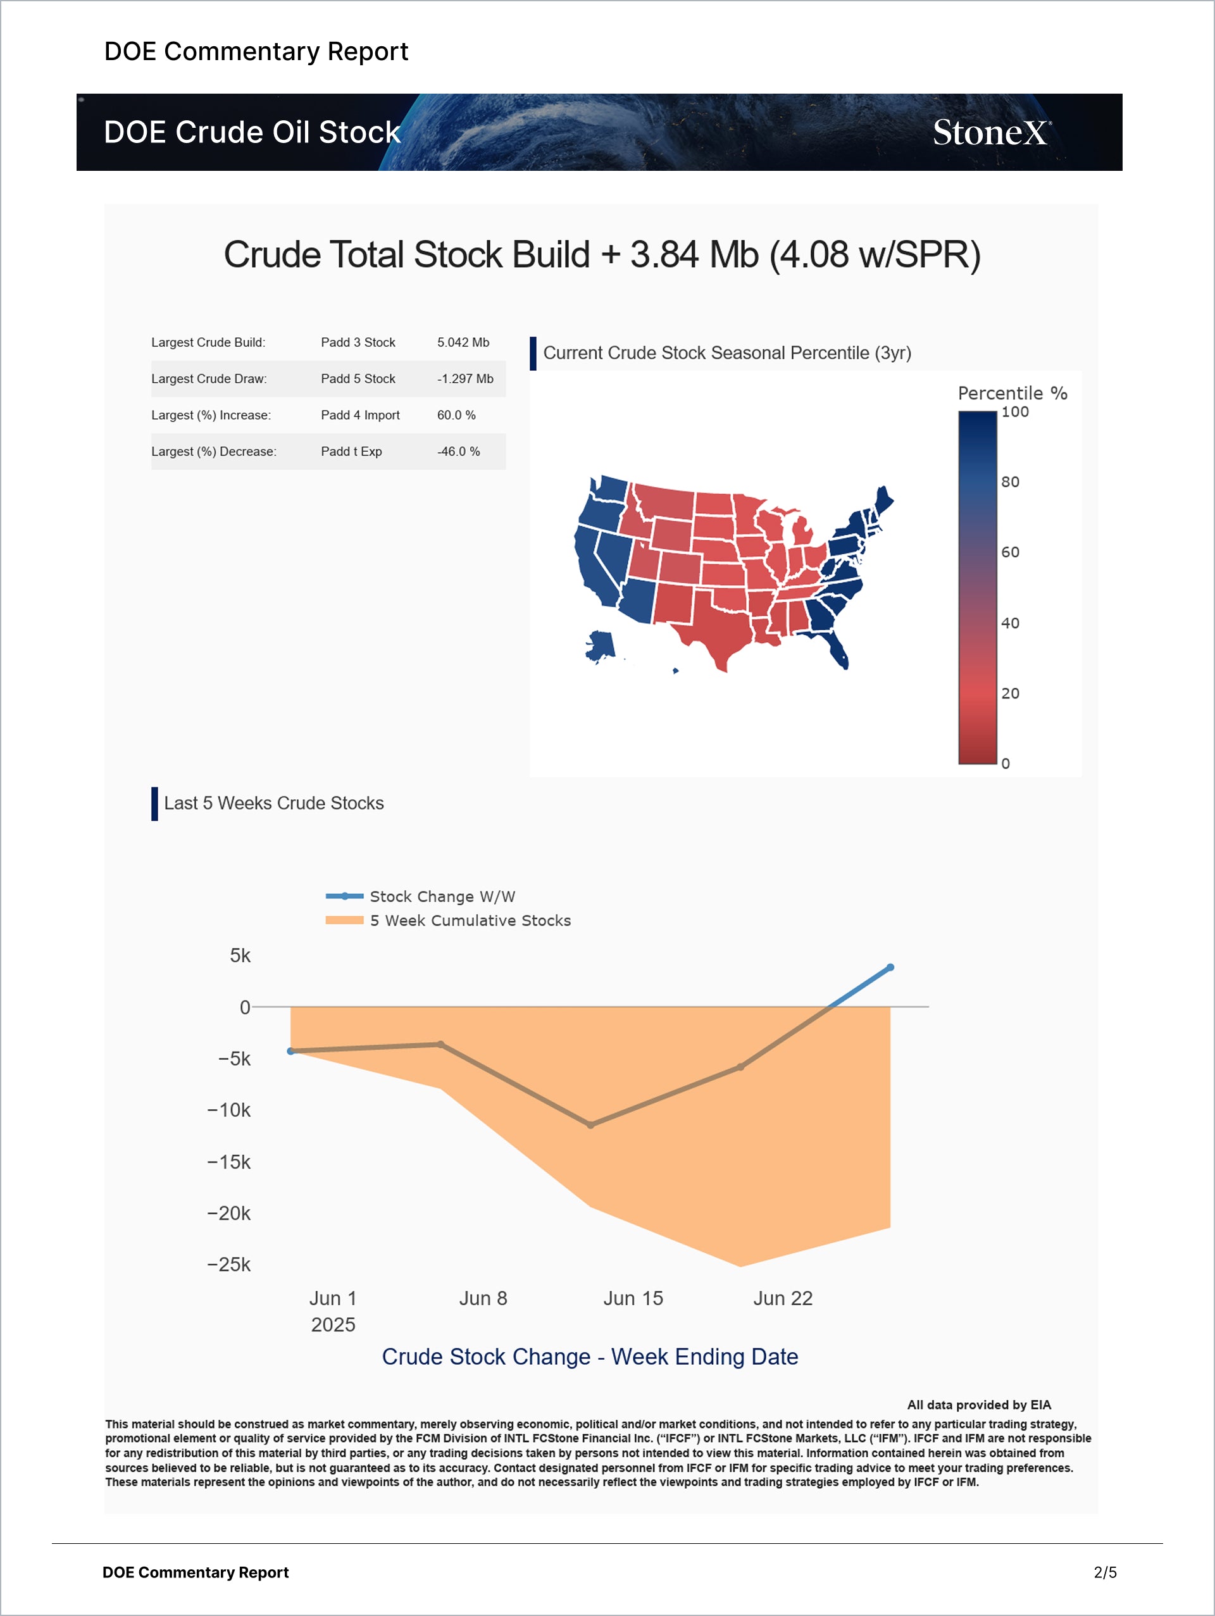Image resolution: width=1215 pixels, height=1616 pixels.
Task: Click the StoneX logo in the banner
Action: pos(992,133)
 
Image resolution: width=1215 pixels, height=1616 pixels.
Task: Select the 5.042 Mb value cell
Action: pos(463,343)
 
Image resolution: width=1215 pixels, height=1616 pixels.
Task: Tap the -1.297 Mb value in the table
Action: pos(465,379)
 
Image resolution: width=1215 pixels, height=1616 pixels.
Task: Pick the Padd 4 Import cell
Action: pos(360,416)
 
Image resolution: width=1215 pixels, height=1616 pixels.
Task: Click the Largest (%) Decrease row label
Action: pos(213,452)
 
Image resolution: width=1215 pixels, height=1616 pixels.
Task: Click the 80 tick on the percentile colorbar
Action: pos(1010,482)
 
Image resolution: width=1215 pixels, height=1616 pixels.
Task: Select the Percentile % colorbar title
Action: pos(1012,394)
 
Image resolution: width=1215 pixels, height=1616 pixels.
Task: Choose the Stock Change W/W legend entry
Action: pos(442,897)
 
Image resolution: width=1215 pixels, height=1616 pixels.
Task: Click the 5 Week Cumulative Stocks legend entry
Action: pos(470,921)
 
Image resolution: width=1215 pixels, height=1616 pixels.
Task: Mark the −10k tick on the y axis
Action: pos(228,1110)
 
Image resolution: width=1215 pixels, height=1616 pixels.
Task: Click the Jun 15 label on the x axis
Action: pos(633,1298)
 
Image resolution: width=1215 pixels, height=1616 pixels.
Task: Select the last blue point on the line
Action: pos(890,967)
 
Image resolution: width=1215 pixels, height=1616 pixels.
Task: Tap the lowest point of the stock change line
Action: pos(590,1125)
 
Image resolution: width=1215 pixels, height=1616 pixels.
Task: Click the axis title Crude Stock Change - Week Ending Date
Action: pos(590,1357)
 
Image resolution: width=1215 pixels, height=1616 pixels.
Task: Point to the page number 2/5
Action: pos(1105,1572)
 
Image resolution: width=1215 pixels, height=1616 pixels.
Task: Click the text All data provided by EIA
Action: pos(978,1405)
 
